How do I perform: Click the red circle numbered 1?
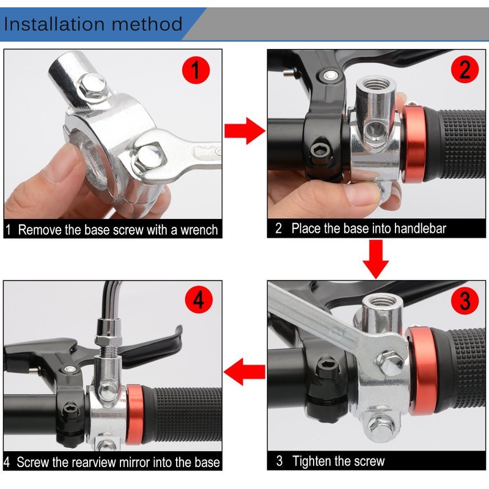(196, 70)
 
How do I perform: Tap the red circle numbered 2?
(465, 69)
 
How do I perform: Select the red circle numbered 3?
(465, 301)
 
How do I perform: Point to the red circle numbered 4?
(199, 300)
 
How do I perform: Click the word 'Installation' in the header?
(54, 24)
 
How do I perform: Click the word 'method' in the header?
(147, 24)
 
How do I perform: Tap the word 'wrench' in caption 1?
(199, 230)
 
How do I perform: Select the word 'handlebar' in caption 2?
(420, 228)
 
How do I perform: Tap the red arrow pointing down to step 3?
(376, 259)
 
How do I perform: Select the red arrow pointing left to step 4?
(244, 372)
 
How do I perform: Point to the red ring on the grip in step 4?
(135, 415)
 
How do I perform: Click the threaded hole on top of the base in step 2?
(376, 84)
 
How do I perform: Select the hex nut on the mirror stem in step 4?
(108, 340)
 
